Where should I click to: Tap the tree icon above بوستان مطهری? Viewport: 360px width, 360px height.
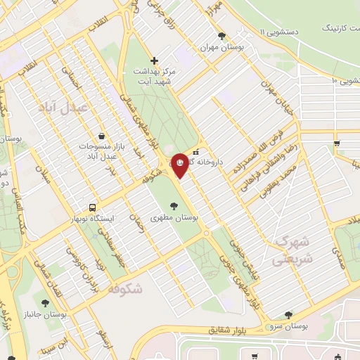[x=174, y=206]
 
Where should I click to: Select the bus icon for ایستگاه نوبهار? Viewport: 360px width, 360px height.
[x=92, y=208]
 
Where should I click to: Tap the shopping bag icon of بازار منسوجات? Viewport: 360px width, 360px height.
[x=103, y=136]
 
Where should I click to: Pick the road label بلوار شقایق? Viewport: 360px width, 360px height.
[x=229, y=329]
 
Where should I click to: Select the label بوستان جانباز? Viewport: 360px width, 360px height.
[x=63, y=314]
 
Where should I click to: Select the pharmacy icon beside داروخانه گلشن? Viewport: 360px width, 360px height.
[x=196, y=151]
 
